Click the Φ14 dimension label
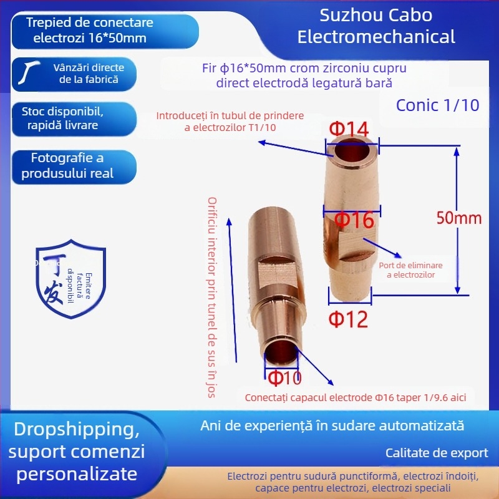349,130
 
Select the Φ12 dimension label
349,319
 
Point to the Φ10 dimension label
284,377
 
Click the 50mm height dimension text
458,218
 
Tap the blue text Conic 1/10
437,105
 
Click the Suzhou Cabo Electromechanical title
375,26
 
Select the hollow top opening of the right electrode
354,152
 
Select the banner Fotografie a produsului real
68,165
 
